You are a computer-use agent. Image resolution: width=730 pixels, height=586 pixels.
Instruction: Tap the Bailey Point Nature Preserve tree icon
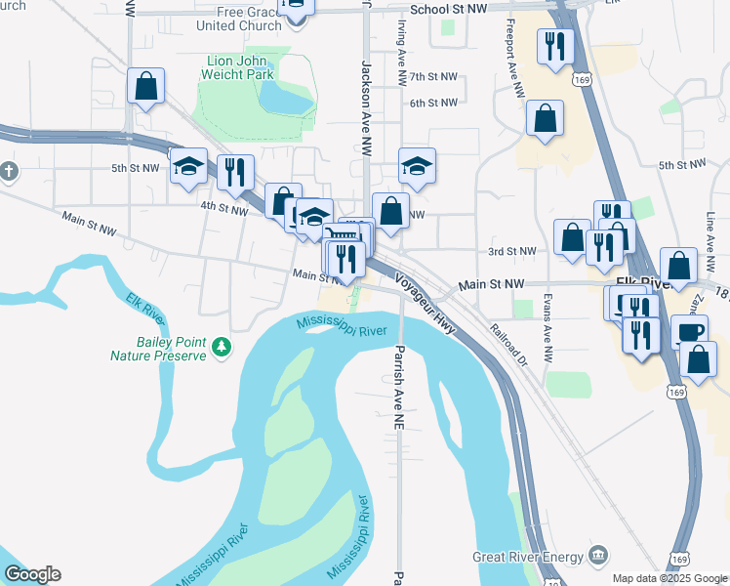[x=223, y=346]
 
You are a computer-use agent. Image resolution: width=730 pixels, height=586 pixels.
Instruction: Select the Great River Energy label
[x=527, y=557]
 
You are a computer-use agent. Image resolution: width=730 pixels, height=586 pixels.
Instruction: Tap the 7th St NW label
[x=433, y=76]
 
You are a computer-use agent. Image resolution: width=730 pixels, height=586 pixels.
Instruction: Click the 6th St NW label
[x=433, y=103]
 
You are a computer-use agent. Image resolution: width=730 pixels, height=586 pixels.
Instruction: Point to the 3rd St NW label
[x=513, y=251]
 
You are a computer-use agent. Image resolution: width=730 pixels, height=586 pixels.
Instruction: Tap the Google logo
[x=32, y=574]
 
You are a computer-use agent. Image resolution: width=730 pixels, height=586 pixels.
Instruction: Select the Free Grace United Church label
[x=239, y=19]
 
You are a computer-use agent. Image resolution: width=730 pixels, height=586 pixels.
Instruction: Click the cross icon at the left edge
[x=9, y=173]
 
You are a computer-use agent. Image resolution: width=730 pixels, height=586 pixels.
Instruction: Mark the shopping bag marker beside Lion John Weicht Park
[x=145, y=86]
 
